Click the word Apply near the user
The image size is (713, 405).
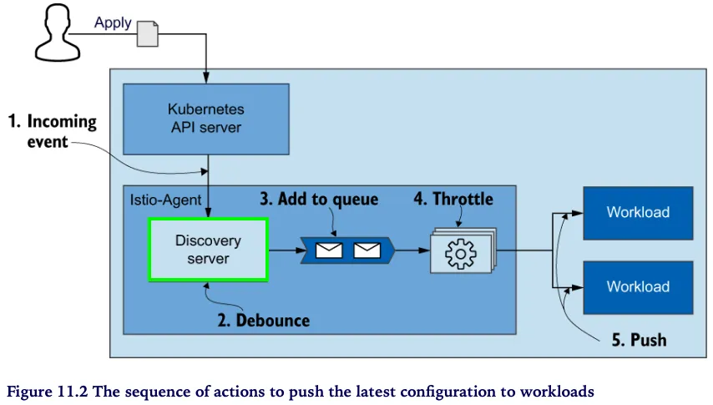click(x=113, y=23)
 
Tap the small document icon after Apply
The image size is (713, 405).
click(x=147, y=33)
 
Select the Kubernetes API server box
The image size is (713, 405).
click(x=205, y=118)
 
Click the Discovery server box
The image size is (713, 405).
click(x=208, y=249)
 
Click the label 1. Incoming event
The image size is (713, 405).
click(x=52, y=131)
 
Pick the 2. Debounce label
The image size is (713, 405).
click(x=263, y=321)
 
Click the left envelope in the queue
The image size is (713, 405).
click(x=329, y=250)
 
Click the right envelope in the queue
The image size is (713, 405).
click(x=367, y=250)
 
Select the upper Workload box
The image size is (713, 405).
click(x=638, y=213)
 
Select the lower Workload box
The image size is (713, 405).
click(x=638, y=287)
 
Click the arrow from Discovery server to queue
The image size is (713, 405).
click(x=284, y=249)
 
